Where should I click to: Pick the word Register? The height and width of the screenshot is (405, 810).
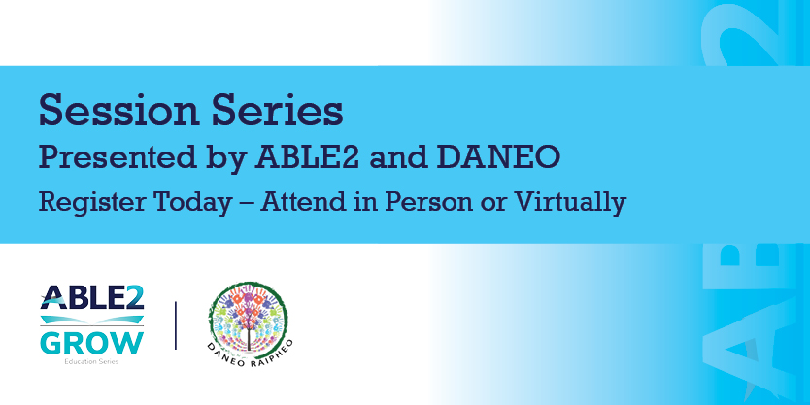(x=82, y=203)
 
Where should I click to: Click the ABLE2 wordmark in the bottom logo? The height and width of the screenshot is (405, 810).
(x=92, y=299)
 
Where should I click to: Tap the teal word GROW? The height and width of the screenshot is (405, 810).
(x=92, y=344)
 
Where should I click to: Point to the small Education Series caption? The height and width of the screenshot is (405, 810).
(x=92, y=361)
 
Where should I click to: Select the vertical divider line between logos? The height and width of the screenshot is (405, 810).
(x=176, y=325)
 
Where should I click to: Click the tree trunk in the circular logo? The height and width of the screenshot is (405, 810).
(x=250, y=336)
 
